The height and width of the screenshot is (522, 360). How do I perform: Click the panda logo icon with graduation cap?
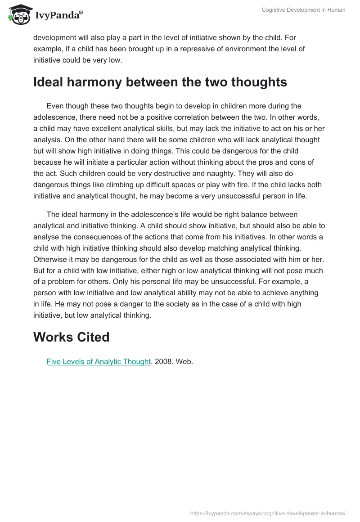[18, 14]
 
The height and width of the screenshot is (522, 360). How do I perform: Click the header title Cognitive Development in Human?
[303, 10]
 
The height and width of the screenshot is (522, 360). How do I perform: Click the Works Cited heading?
[71, 337]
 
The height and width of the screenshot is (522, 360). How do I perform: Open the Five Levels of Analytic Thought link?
[98, 361]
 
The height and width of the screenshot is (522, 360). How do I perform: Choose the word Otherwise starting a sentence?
[52, 259]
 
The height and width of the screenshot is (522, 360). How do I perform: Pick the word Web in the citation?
[184, 361]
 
